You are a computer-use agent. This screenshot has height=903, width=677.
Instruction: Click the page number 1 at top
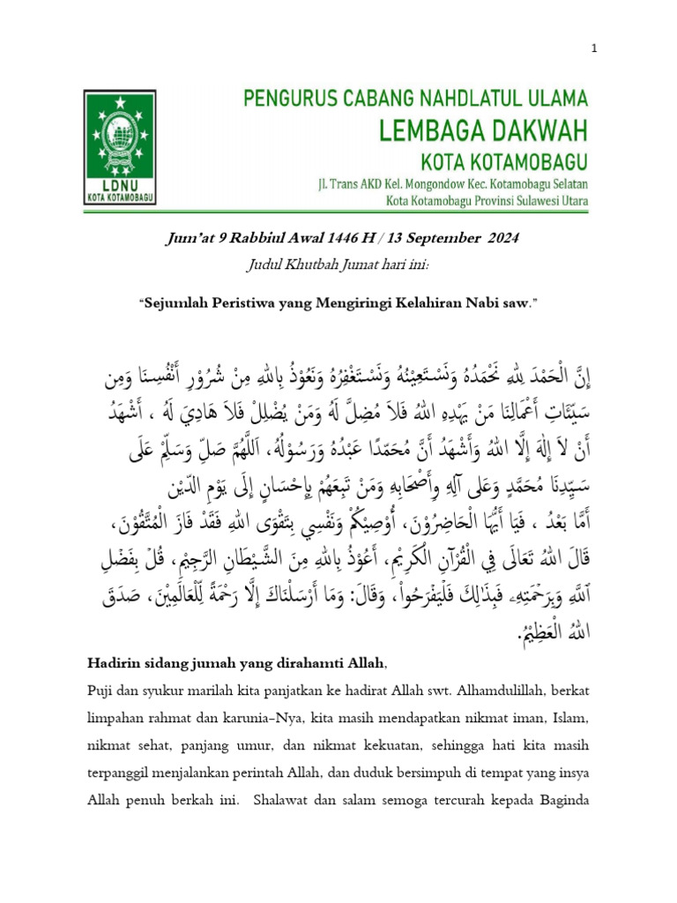(595, 49)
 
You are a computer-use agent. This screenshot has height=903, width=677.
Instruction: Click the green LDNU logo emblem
(120, 147)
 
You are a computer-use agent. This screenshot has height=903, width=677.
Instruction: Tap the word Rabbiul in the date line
(263, 239)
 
